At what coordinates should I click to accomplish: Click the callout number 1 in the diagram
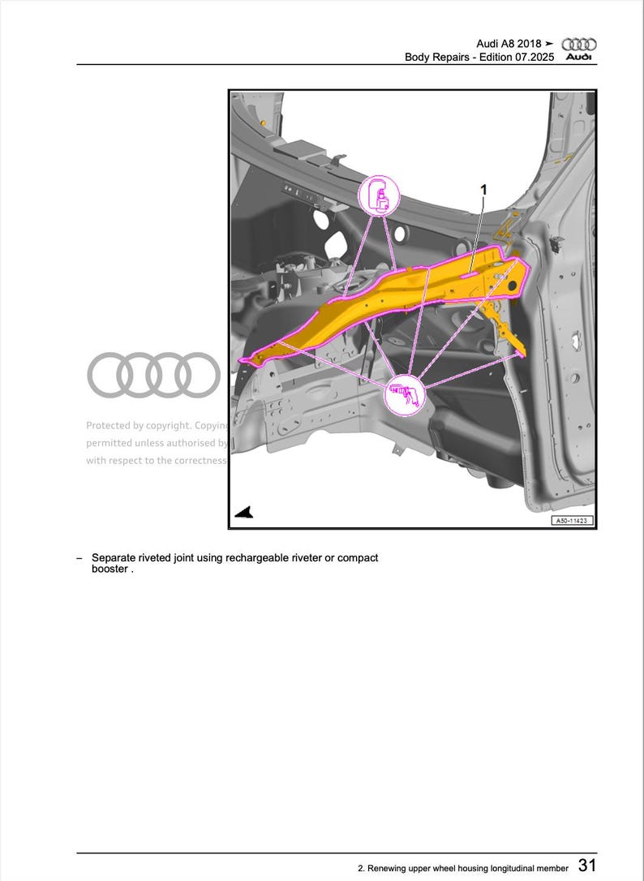[483, 189]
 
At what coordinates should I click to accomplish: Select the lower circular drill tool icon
[404, 395]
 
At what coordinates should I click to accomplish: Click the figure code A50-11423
[572, 521]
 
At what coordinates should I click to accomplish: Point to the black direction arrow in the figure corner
[244, 512]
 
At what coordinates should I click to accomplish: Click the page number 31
[587, 866]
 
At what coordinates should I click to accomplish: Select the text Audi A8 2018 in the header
[509, 44]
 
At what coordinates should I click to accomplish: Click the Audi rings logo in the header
[579, 46]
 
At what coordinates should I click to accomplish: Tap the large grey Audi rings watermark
[153, 375]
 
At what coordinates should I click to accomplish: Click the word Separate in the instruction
[114, 558]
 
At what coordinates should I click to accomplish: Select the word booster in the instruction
[109, 569]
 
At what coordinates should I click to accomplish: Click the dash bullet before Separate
[79, 558]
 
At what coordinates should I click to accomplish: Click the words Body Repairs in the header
[435, 58]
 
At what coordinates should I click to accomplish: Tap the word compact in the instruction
[357, 558]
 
